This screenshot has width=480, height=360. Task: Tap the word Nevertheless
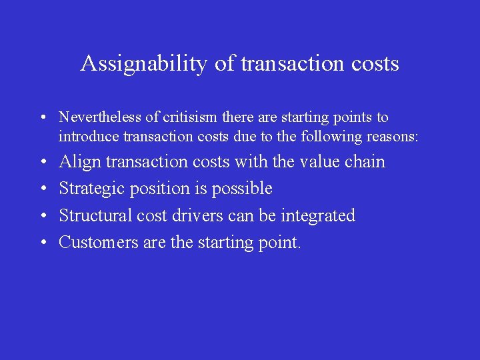tap(100, 117)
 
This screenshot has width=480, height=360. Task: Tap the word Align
tap(80, 162)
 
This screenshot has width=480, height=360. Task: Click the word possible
tap(242, 189)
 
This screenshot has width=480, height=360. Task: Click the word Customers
tap(99, 242)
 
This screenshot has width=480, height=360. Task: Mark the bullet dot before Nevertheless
tap(42, 118)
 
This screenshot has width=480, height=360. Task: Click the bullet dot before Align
tap(42, 163)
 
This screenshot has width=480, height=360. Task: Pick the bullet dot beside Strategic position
tap(42, 189)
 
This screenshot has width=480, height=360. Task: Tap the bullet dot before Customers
tap(42, 243)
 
